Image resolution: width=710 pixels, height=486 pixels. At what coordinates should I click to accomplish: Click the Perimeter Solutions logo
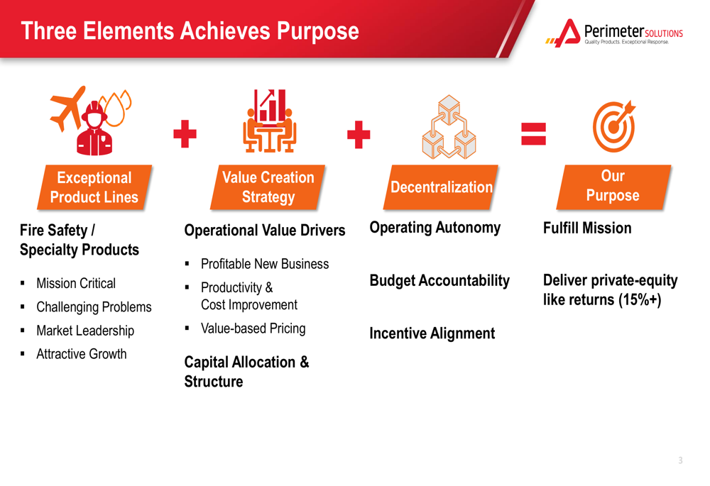[x=614, y=33]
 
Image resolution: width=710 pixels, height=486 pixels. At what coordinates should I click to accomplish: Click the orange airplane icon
[x=68, y=109]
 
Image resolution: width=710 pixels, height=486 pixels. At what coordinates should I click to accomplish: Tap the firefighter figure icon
[x=94, y=129]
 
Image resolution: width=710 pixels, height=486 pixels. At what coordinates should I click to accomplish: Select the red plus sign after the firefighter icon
[x=185, y=134]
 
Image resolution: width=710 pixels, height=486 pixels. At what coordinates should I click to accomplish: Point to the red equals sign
[x=533, y=134]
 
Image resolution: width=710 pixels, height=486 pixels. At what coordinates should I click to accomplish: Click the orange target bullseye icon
[x=614, y=126]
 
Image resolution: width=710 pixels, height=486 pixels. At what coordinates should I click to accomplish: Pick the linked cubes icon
[x=449, y=127]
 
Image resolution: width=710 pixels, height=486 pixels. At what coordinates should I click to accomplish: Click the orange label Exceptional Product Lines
[x=94, y=187]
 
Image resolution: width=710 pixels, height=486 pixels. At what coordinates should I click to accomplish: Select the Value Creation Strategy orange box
[x=268, y=187]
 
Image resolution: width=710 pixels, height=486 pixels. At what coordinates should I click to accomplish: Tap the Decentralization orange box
[x=441, y=187]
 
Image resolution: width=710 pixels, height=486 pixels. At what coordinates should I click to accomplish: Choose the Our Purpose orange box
[x=613, y=187]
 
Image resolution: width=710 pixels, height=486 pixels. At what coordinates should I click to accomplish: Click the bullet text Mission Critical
[x=76, y=283]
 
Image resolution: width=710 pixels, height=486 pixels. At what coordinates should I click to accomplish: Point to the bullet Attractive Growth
[x=82, y=354]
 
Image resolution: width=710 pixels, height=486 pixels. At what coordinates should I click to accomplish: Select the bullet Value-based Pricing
[x=253, y=328]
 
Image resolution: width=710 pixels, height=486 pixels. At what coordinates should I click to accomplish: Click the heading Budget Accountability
[x=439, y=280]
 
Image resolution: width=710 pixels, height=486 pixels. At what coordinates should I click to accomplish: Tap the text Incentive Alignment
[x=432, y=333]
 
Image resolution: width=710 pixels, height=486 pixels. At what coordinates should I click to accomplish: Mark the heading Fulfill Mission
[x=587, y=228]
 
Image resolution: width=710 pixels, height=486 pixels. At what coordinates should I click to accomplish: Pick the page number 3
[x=681, y=460]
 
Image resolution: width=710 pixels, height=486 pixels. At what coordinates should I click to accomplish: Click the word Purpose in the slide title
[x=318, y=32]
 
